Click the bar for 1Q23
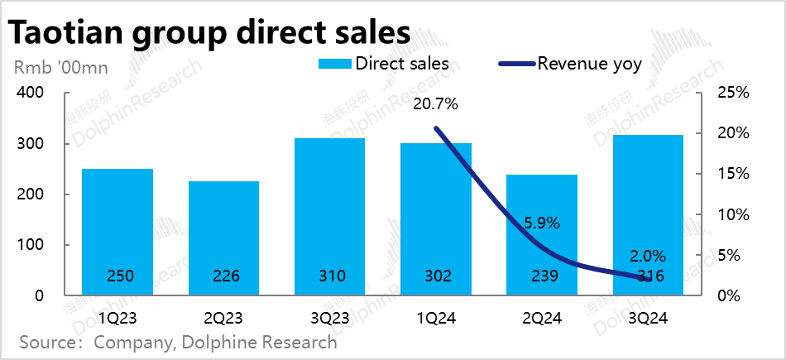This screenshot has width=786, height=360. tap(117, 232)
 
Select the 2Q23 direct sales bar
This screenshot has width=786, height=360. tap(223, 238)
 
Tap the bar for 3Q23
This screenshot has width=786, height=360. tap(329, 216)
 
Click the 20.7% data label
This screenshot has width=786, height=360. tap(436, 104)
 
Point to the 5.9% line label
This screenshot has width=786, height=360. tap(542, 223)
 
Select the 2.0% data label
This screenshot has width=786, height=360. tap(648, 257)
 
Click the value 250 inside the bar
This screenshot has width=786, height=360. tap(117, 276)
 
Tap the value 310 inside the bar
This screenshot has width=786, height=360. tap(329, 276)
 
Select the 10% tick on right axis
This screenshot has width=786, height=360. tap(732, 214)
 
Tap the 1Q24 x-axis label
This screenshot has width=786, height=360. tap(436, 317)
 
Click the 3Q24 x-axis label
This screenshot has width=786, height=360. tap(648, 317)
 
